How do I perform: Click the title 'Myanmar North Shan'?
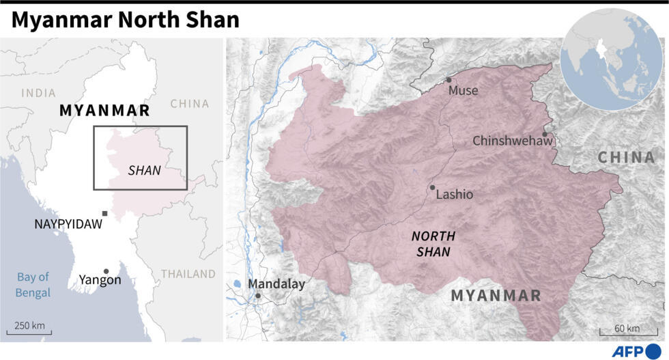(125, 20)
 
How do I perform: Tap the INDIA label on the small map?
(38, 93)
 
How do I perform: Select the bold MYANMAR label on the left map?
(104, 111)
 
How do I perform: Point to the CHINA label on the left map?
(189, 104)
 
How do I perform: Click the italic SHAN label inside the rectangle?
(145, 171)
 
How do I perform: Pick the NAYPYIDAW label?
(68, 224)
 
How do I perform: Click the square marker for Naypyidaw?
(104, 214)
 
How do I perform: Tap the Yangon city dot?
(106, 271)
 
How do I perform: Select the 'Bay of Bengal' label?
(33, 285)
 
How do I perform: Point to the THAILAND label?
(188, 274)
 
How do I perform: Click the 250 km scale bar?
(29, 333)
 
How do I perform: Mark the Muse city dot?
(449, 80)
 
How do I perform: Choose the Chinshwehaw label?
(512, 141)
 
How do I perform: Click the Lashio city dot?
(432, 187)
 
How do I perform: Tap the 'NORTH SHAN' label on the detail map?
(433, 244)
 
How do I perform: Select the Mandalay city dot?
(258, 296)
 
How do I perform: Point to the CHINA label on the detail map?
(626, 158)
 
